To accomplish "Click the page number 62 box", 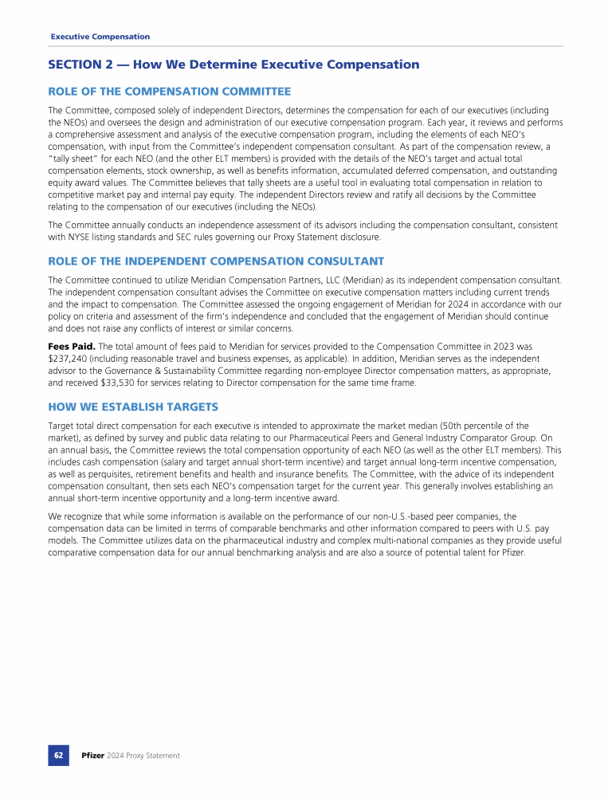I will coord(58,755).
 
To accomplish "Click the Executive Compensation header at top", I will coord(100,37).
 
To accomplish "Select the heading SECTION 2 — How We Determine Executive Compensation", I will coord(233,65).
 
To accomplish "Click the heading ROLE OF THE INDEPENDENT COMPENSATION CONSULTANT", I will coord(216,261).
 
